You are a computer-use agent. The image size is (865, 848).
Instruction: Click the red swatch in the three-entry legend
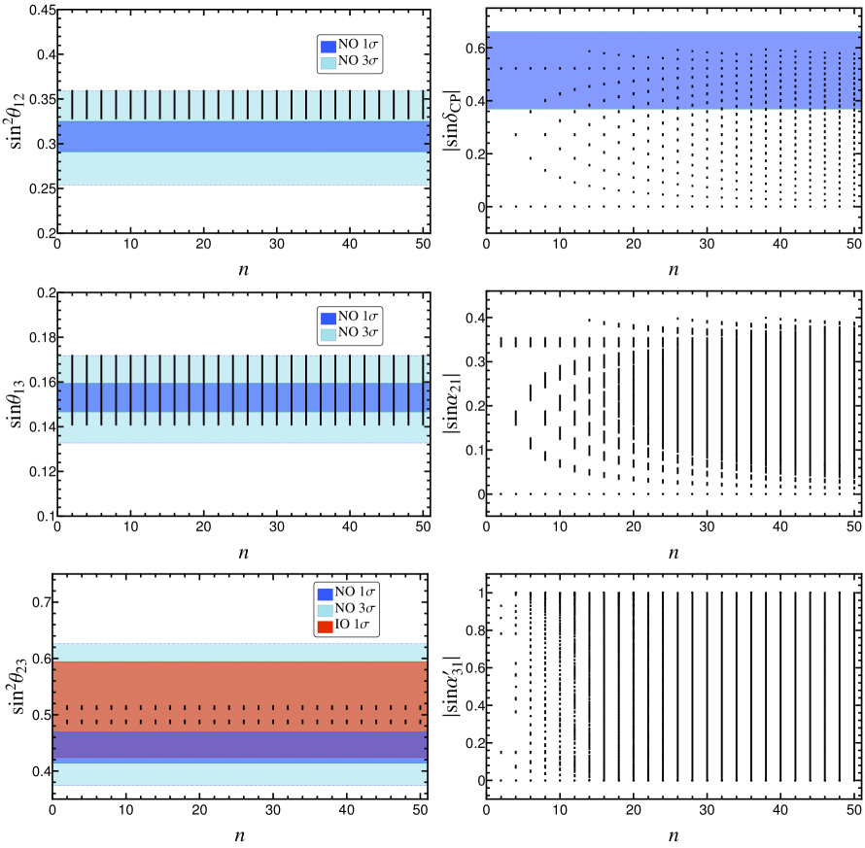(x=325, y=627)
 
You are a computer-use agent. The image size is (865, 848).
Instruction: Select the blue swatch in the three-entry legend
(x=325, y=594)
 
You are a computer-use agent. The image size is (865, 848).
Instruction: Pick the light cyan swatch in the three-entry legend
(x=325, y=611)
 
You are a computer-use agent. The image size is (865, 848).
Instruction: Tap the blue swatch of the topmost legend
(x=329, y=47)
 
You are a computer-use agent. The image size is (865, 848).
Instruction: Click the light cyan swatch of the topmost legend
(x=329, y=63)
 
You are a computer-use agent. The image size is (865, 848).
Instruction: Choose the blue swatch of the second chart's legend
(x=329, y=319)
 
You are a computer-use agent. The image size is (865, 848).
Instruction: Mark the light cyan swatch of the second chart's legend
(x=329, y=335)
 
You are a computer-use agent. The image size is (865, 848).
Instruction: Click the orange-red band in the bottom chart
(x=240, y=681)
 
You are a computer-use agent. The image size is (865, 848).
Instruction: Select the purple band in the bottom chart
(x=240, y=743)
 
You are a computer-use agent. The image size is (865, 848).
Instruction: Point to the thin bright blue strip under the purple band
(x=240, y=760)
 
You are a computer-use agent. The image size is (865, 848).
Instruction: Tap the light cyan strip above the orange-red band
(x=240, y=652)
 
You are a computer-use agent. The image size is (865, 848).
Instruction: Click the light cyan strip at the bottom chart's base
(x=240, y=774)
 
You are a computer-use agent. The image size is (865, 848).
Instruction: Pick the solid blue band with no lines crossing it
(x=243, y=136)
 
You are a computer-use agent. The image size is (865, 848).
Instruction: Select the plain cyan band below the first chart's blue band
(x=243, y=168)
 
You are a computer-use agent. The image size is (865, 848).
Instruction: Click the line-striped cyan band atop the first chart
(x=243, y=105)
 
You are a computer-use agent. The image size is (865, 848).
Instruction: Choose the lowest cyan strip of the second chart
(x=243, y=434)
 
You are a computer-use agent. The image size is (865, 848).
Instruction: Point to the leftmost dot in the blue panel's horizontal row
(x=501, y=69)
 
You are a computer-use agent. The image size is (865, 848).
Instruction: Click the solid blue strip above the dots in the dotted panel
(x=673, y=39)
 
